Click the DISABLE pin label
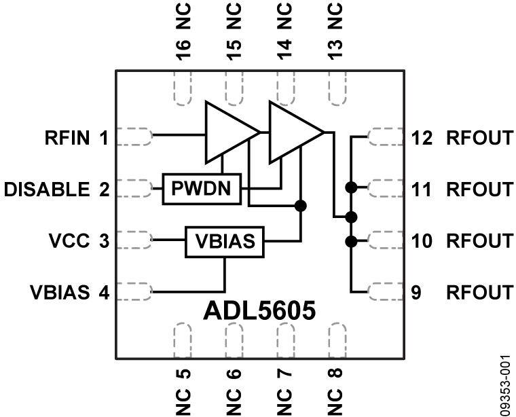pos(46,188)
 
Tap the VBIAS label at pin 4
pos(59,293)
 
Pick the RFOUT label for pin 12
pos(479,139)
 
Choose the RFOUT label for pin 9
pos(479,293)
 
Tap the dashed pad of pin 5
pos(183,340)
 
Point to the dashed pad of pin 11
pos(384,187)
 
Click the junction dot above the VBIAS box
pos(300,204)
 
